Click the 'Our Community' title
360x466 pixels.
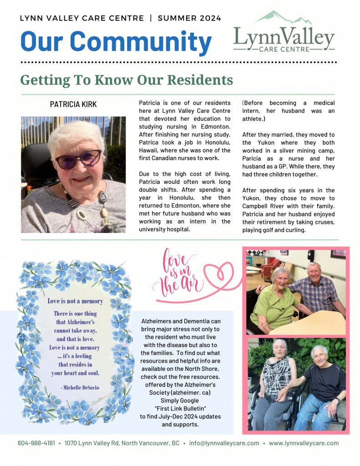pos(116,41)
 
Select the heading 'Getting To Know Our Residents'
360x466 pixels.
pos(127,80)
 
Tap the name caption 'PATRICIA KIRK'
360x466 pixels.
pos(73,105)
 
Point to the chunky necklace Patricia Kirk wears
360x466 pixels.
pos(93,205)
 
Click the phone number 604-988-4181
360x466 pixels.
pos(36,443)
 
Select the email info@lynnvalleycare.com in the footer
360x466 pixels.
pos(224,443)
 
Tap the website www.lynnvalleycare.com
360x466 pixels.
pos(304,443)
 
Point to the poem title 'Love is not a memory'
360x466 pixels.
pos(75,301)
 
